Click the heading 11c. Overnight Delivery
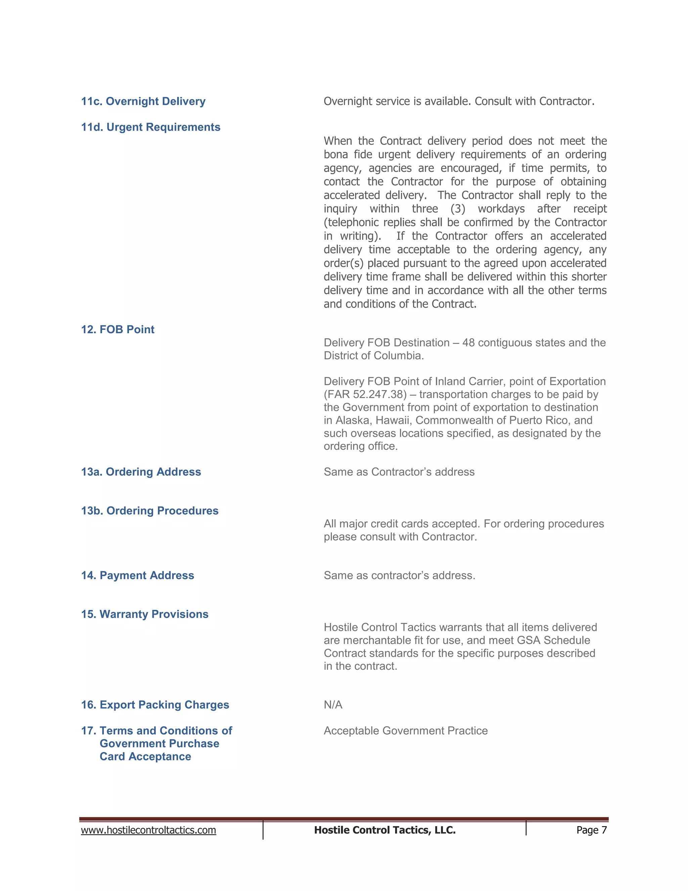143,101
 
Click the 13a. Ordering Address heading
141,472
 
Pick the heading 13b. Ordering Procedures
149,510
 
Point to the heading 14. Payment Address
137,575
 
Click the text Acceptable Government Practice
405,730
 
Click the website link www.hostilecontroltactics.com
148,830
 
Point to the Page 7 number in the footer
591,830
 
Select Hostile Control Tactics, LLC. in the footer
385,830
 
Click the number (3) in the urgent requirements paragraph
458,209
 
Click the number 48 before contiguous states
468,343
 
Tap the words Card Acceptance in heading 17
145,757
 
